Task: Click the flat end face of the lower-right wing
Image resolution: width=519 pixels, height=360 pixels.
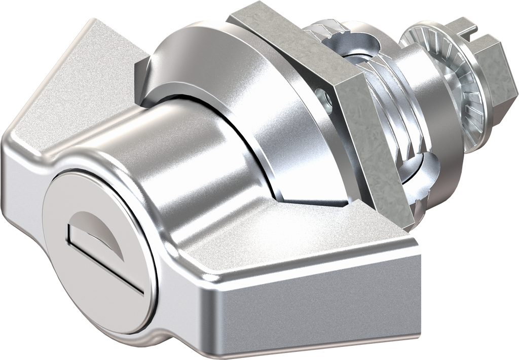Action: point(314,314)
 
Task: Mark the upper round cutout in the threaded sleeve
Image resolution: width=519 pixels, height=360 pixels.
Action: point(355,51)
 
